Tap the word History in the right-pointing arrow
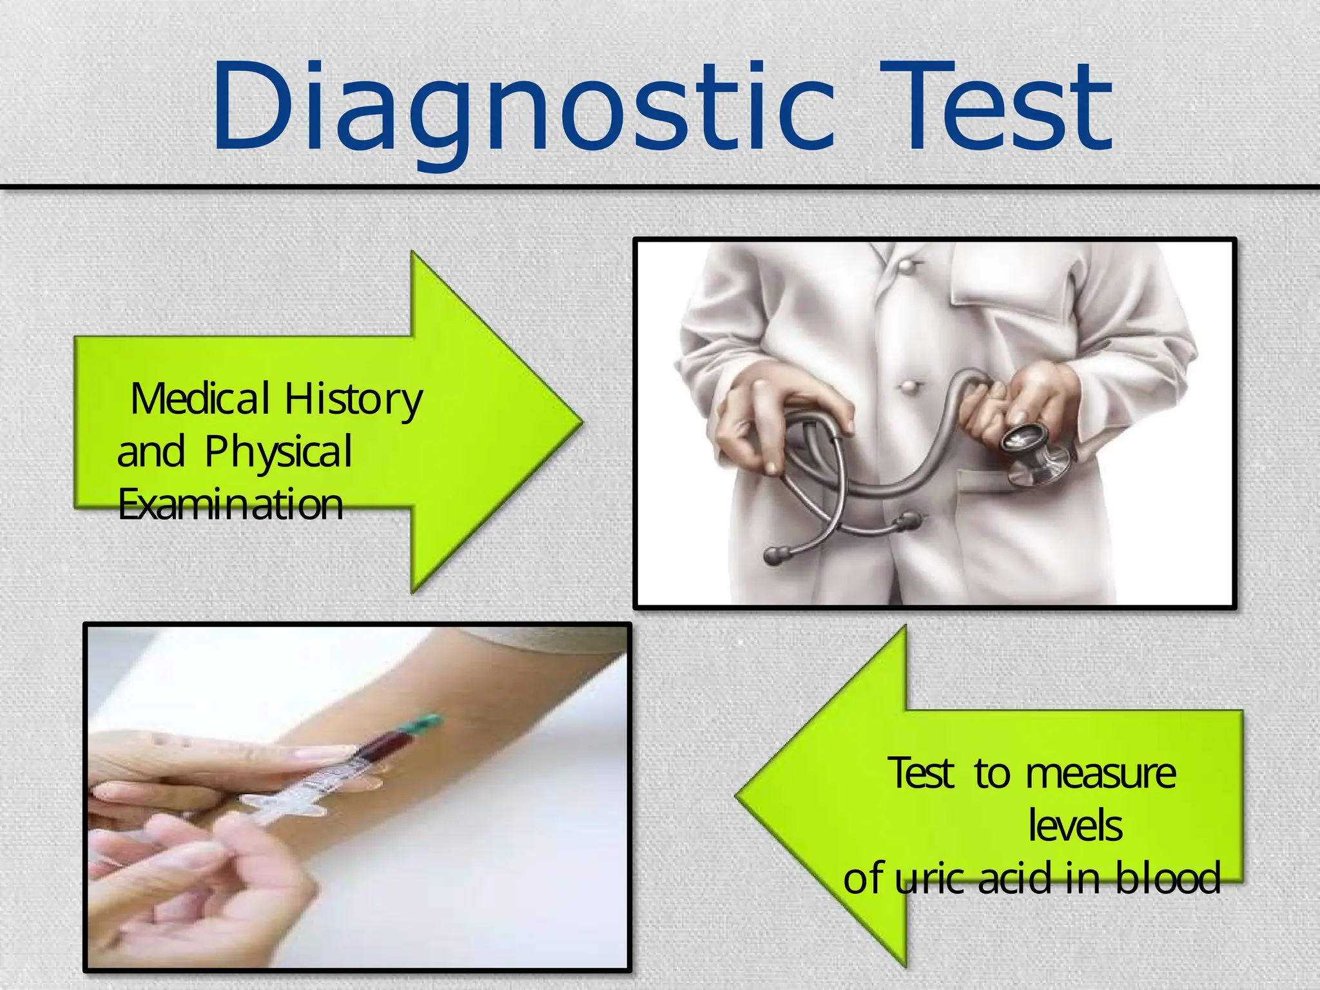(x=354, y=400)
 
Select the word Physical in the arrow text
(x=278, y=452)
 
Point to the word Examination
(x=230, y=505)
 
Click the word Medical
(x=200, y=399)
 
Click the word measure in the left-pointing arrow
(x=1101, y=773)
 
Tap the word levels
(x=1075, y=826)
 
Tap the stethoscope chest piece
(x=1031, y=451)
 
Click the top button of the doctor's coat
(x=907, y=266)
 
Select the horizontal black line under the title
(x=660, y=187)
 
